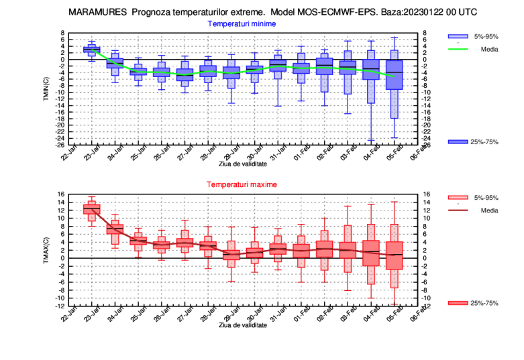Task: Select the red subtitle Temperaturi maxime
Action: (242, 184)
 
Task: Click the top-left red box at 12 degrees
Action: (91, 209)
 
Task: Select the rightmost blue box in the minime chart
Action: (395, 74)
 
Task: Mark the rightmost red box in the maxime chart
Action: (395, 255)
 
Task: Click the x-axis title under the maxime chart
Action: (242, 324)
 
